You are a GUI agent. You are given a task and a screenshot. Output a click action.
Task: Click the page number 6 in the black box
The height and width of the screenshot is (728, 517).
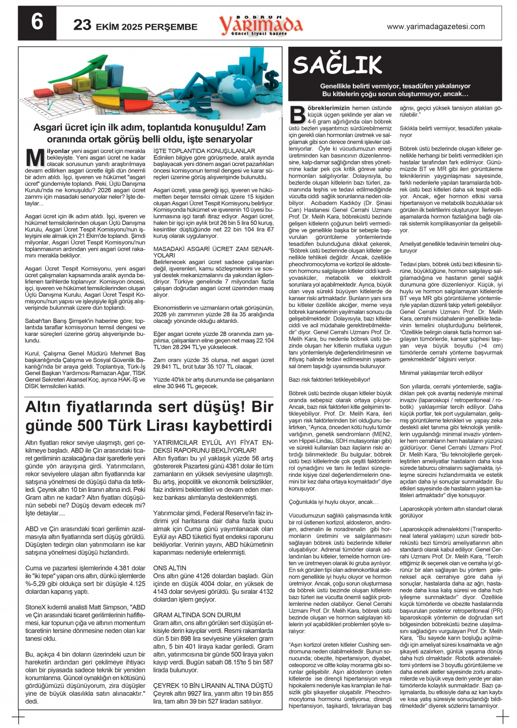(37, 23)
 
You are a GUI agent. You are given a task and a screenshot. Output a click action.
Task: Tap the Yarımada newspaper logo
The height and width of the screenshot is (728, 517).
(260, 24)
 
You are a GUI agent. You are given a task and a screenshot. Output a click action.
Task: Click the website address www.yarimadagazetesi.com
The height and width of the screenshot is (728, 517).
(436, 27)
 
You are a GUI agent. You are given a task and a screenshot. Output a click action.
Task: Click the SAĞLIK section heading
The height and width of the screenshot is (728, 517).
(337, 65)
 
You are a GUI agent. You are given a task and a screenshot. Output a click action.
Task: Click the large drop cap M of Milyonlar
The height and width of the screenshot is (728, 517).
(34, 158)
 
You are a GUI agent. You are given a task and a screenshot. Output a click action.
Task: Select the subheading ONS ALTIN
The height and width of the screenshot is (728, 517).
(170, 568)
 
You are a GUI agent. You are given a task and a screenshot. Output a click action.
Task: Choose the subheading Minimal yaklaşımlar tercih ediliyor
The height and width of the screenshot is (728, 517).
(441, 373)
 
